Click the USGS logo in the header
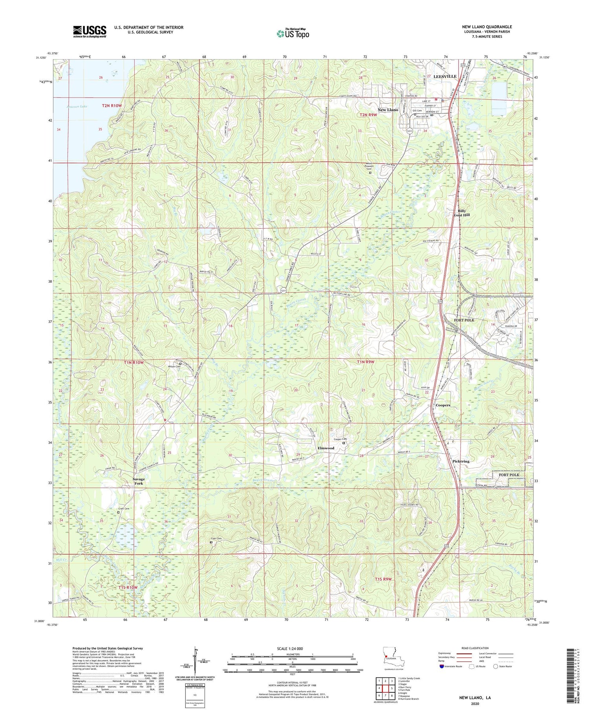[x=89, y=31]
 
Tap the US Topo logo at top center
[x=293, y=33]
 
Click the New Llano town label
[x=388, y=110]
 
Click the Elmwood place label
[x=326, y=448]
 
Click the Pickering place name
[x=461, y=461]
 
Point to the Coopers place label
[x=443, y=405]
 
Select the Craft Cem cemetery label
[x=124, y=509]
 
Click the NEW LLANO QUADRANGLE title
[x=487, y=27]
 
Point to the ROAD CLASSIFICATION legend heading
[x=476, y=648]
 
